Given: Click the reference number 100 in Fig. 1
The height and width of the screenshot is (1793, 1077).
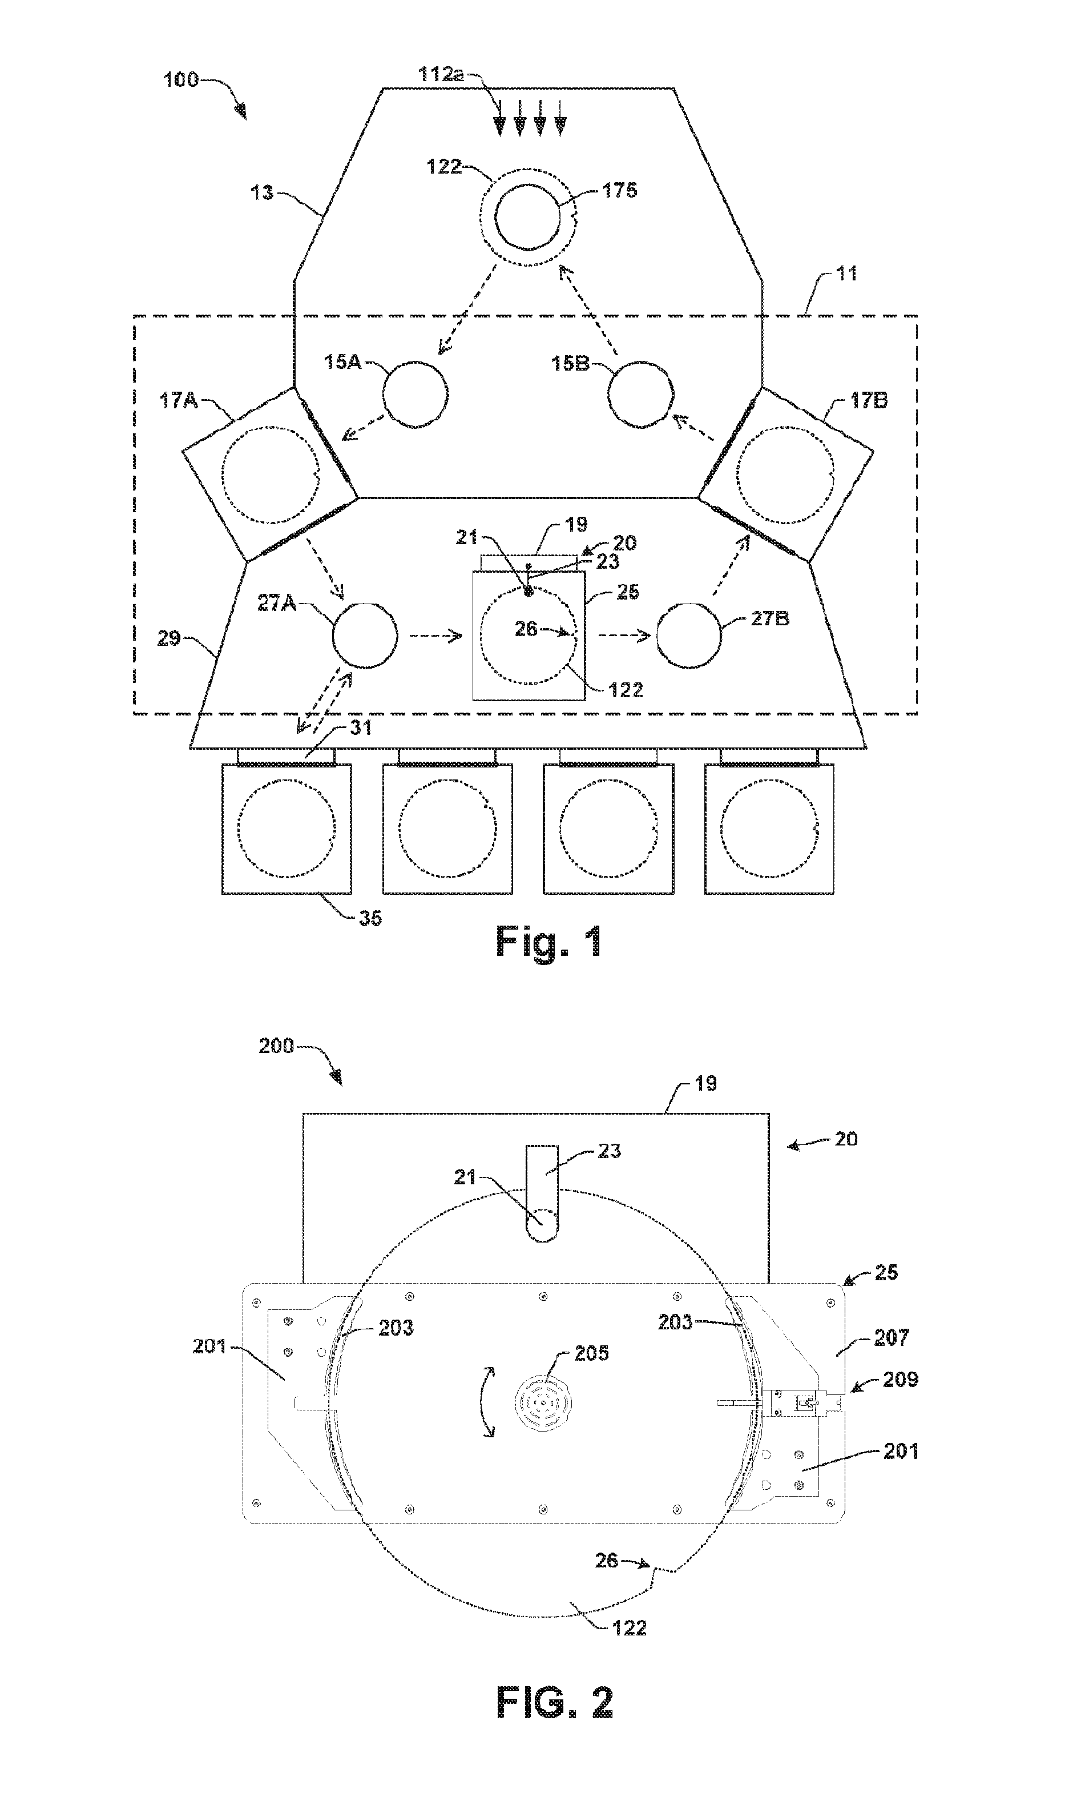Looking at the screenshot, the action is (181, 79).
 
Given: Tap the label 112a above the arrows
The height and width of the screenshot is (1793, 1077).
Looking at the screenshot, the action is (442, 74).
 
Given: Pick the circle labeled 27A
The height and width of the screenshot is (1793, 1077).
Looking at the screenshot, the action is (365, 637).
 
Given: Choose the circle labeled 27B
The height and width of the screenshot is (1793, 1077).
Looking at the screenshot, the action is (689, 637).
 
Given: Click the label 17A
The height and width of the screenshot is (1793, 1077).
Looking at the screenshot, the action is (179, 400).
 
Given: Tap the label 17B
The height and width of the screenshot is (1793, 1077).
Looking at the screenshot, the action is (869, 400).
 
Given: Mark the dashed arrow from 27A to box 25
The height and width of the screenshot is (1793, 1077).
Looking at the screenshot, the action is (435, 637).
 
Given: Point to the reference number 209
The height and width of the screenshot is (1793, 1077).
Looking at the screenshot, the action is (900, 1378).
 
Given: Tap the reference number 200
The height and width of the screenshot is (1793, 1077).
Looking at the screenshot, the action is (276, 1046).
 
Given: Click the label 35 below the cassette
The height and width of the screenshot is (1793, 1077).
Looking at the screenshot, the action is (370, 918).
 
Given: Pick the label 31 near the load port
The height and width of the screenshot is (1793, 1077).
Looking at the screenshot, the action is (361, 727).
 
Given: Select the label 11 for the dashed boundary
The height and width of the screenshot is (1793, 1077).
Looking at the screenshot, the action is (846, 274).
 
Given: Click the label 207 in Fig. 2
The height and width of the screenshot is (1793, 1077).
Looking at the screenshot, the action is (891, 1337).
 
